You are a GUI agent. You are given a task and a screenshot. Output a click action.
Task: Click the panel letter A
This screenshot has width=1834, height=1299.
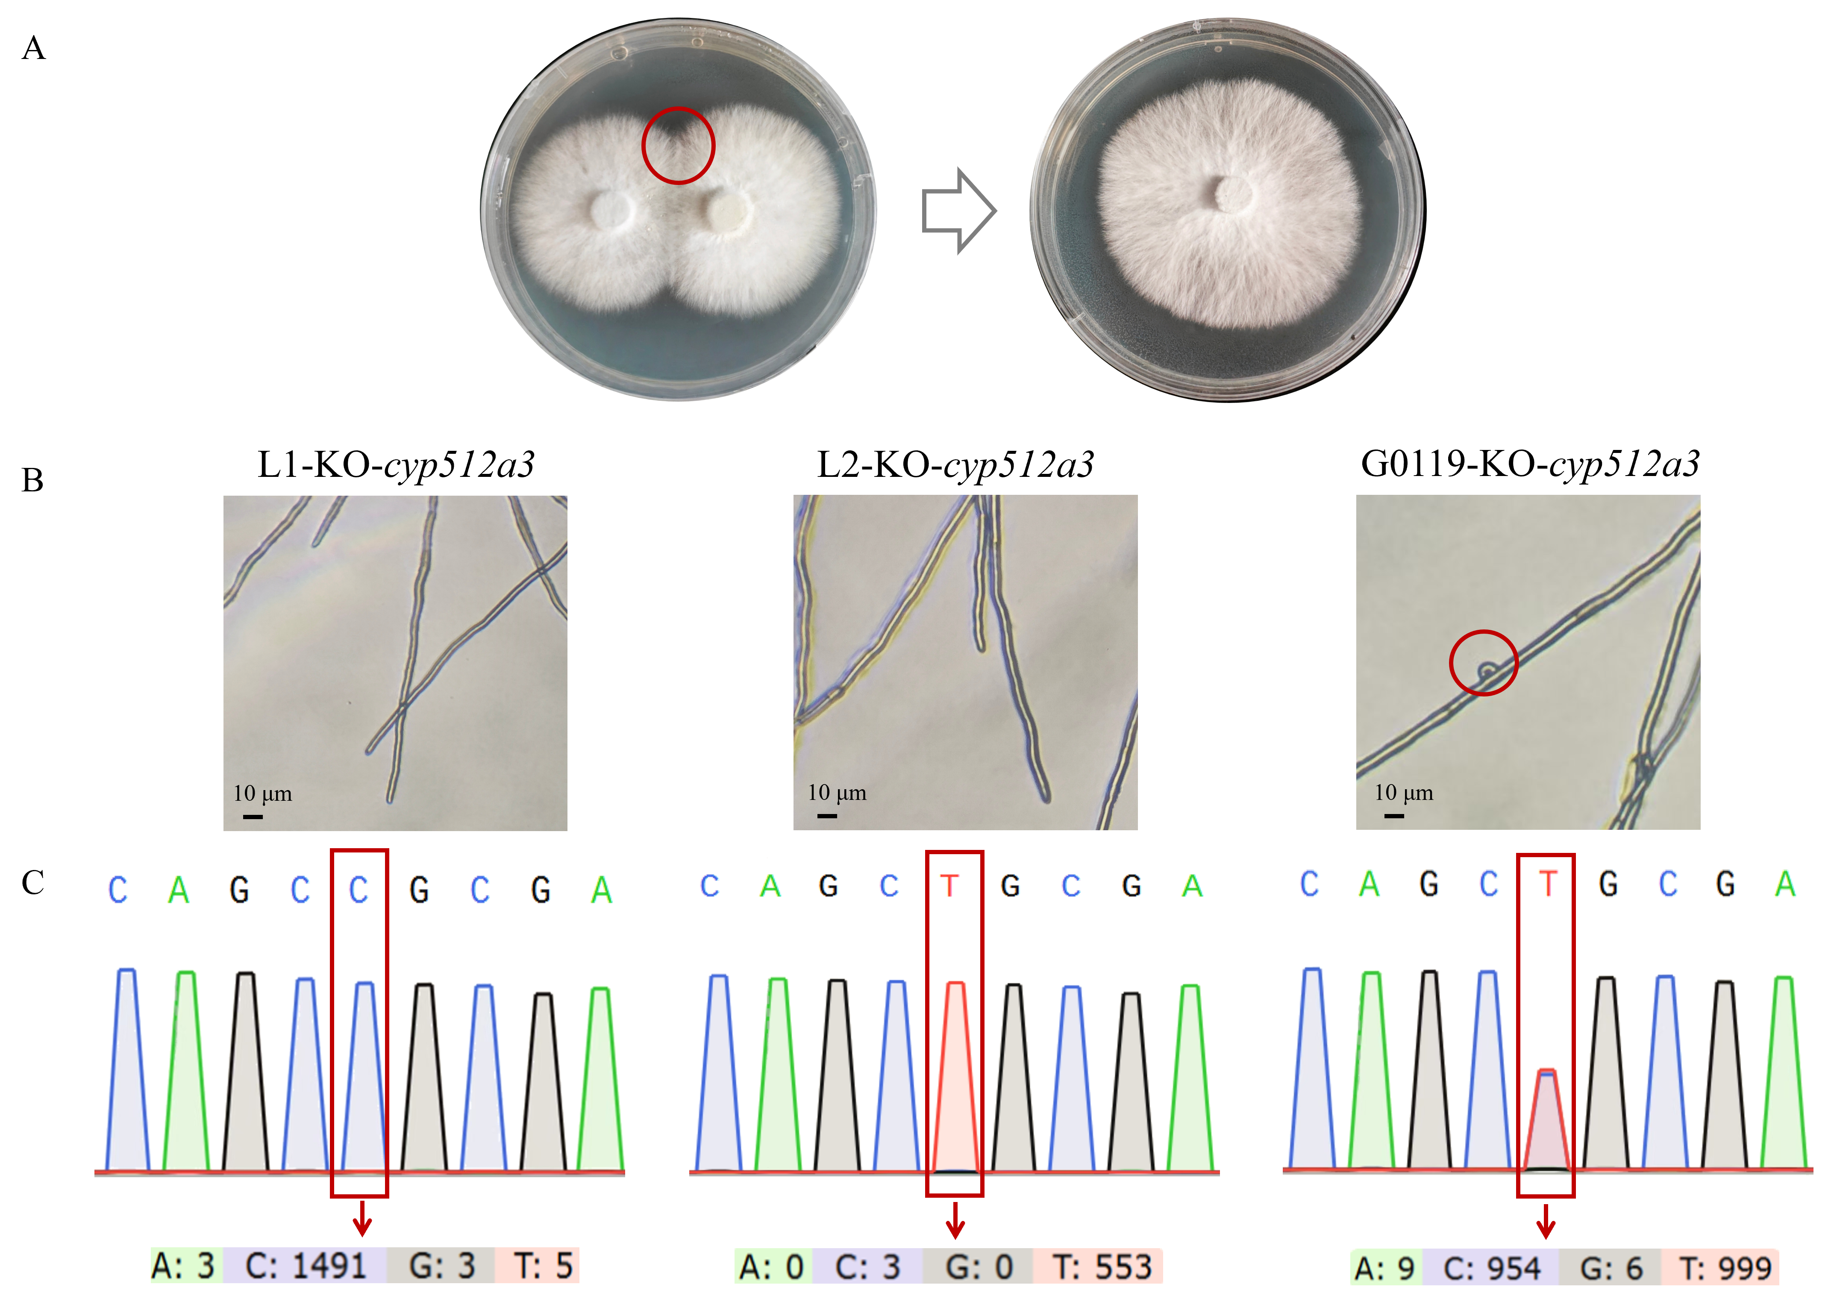34,48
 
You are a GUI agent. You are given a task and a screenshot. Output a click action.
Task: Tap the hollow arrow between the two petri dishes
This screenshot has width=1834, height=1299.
959,211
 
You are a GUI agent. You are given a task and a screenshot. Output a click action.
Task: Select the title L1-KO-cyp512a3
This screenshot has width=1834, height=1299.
396,465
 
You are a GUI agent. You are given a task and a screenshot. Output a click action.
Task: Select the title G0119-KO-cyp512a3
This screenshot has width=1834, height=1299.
1530,464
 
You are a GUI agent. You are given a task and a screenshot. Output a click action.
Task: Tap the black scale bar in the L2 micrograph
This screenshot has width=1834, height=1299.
827,816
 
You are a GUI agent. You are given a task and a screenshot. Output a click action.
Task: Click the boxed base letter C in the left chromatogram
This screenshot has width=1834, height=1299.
359,890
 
